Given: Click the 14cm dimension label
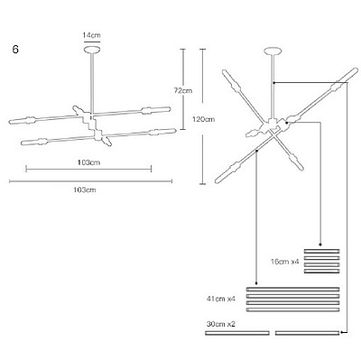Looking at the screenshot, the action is tap(92, 35).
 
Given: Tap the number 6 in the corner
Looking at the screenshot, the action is tap(15, 49).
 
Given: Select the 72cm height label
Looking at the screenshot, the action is tap(183, 90).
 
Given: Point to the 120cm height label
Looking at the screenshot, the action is tap(204, 119).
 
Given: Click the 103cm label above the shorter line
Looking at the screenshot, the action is tap(88, 162).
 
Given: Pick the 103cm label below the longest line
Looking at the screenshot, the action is tap(85, 189).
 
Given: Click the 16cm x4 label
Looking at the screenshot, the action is tap(285, 262).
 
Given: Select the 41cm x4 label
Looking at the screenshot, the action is tap(220, 299).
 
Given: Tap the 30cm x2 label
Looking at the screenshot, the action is tap(221, 324).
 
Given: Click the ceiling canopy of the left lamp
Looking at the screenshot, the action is tap(92, 49).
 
